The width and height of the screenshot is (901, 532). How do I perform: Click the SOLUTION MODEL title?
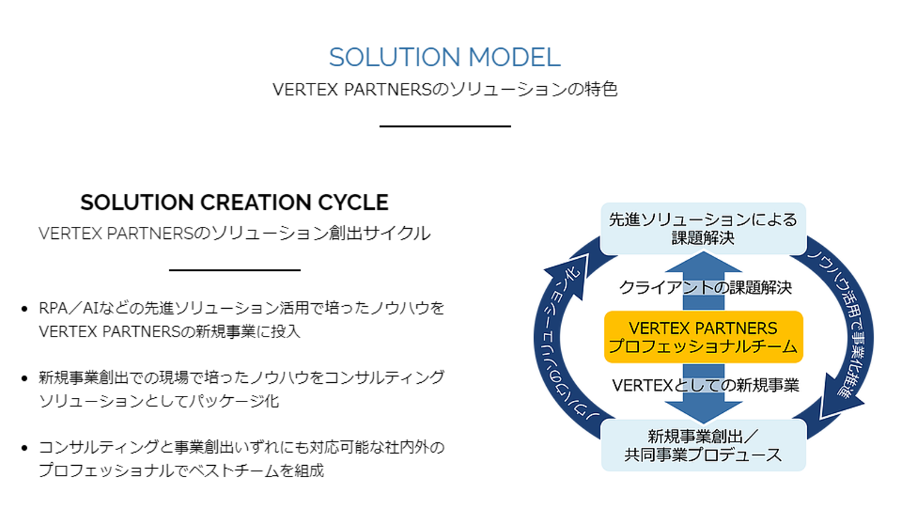pyautogui.click(x=444, y=58)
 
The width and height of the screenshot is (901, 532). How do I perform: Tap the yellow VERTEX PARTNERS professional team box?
pyautogui.click(x=703, y=337)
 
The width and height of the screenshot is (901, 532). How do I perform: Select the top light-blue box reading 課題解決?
pyautogui.click(x=703, y=229)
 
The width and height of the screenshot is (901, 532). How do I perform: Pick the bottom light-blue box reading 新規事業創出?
pyautogui.click(x=703, y=445)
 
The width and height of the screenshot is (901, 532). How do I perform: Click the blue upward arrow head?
pyautogui.click(x=703, y=262)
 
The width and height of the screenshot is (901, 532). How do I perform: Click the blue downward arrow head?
pyautogui.click(x=703, y=412)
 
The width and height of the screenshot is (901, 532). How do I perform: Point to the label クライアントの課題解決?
pyautogui.click(x=705, y=288)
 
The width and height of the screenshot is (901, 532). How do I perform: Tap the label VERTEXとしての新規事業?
pyautogui.click(x=705, y=385)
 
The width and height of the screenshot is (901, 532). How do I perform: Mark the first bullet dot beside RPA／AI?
pyautogui.click(x=24, y=309)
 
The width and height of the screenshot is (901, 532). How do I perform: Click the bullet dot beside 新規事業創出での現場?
pyautogui.click(x=24, y=378)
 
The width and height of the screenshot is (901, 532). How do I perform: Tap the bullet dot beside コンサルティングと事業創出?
pyautogui.click(x=24, y=448)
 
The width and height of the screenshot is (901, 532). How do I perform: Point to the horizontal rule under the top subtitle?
pyautogui.click(x=444, y=126)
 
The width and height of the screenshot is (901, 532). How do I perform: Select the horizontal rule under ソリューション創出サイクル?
pyautogui.click(x=235, y=270)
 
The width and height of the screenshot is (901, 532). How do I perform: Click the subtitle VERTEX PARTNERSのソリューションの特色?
pyautogui.click(x=444, y=90)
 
